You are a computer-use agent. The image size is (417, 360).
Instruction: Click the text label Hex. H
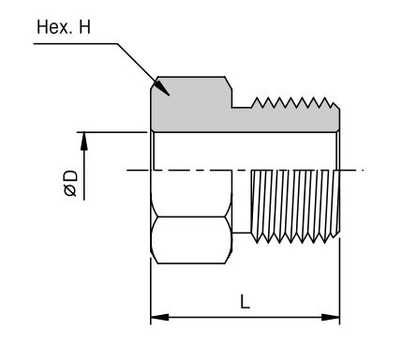click(64, 27)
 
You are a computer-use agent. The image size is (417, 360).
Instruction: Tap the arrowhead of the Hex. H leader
click(163, 87)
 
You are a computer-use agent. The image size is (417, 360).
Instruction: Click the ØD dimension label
click(70, 184)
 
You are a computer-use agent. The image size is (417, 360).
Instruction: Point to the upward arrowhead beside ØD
click(84, 142)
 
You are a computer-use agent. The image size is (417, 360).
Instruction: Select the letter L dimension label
click(246, 301)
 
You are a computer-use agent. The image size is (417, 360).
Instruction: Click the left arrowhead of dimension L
click(160, 318)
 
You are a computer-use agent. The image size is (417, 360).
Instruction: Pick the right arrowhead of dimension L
click(331, 318)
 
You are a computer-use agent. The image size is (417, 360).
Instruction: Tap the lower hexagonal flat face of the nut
click(191, 240)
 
